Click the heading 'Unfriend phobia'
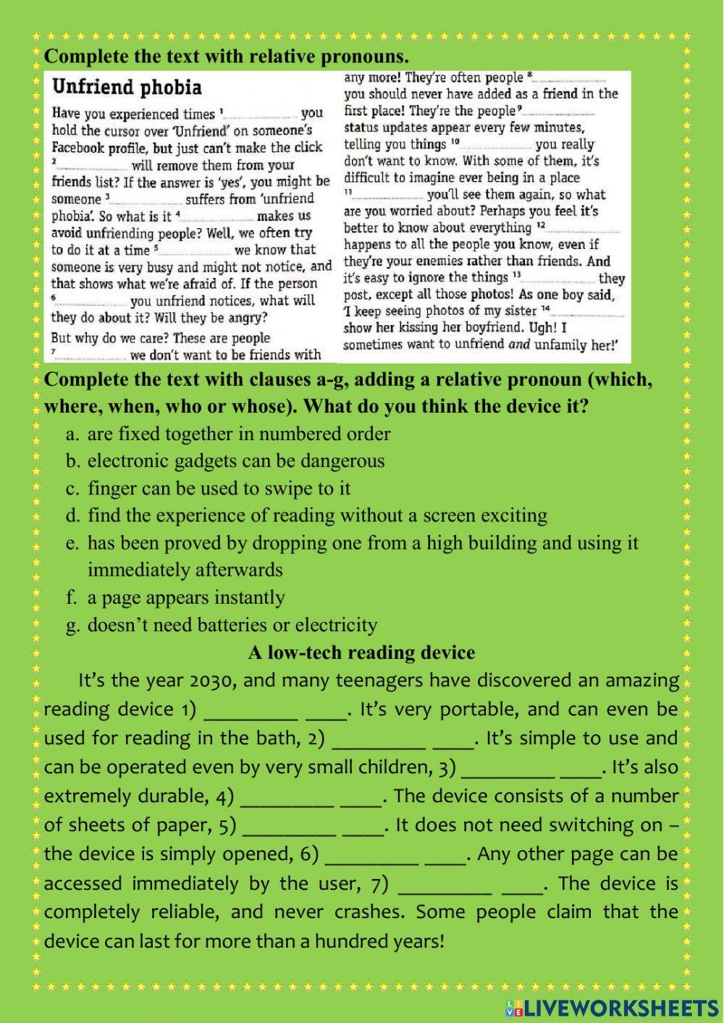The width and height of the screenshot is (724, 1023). (126, 88)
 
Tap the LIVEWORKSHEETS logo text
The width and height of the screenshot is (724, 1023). (620, 1007)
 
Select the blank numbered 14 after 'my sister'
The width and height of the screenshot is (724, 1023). (588, 311)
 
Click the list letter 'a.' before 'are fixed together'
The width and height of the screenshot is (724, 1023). (72, 434)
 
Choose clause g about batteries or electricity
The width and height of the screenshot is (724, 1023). (232, 625)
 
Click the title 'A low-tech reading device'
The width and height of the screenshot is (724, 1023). (361, 652)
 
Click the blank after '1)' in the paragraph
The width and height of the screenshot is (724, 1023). (251, 711)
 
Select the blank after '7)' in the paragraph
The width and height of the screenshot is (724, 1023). (445, 885)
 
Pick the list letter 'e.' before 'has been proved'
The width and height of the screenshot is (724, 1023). (72, 543)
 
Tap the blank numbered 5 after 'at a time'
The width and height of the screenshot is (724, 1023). (193, 251)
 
